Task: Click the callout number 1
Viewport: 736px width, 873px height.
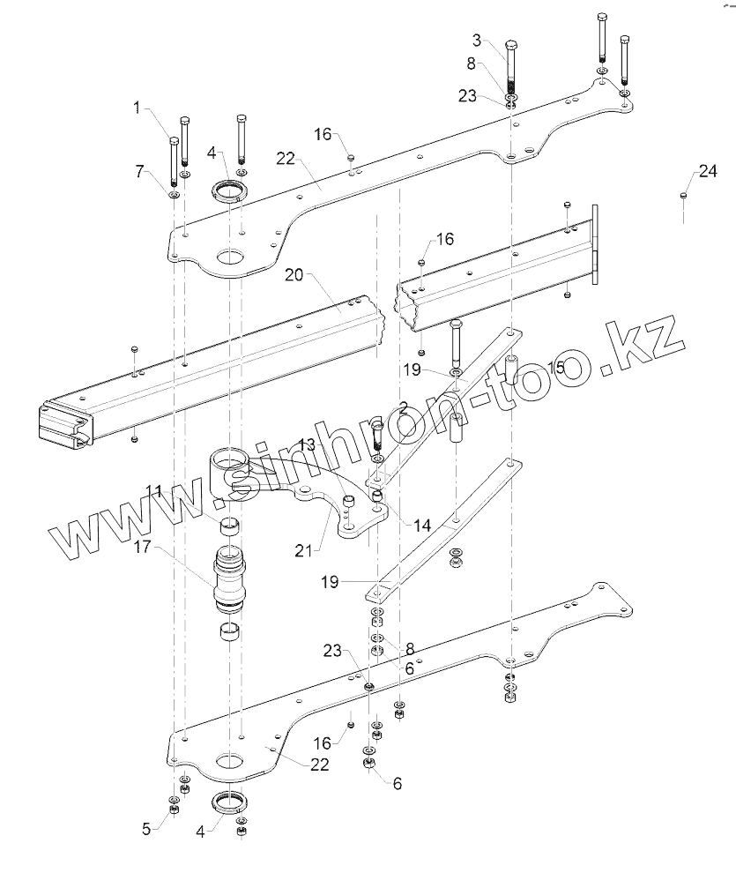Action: (x=137, y=108)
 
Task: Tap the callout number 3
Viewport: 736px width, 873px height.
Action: (x=477, y=40)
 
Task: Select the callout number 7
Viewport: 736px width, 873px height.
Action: (x=140, y=171)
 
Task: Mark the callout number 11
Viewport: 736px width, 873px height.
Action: (x=155, y=490)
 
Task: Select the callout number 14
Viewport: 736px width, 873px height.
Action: (x=421, y=524)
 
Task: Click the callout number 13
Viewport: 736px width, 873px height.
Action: (x=306, y=443)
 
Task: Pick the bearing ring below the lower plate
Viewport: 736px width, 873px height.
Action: (x=228, y=804)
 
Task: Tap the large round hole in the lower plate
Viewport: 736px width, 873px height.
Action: (x=230, y=760)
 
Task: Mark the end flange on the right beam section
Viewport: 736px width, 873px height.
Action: (x=596, y=244)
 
